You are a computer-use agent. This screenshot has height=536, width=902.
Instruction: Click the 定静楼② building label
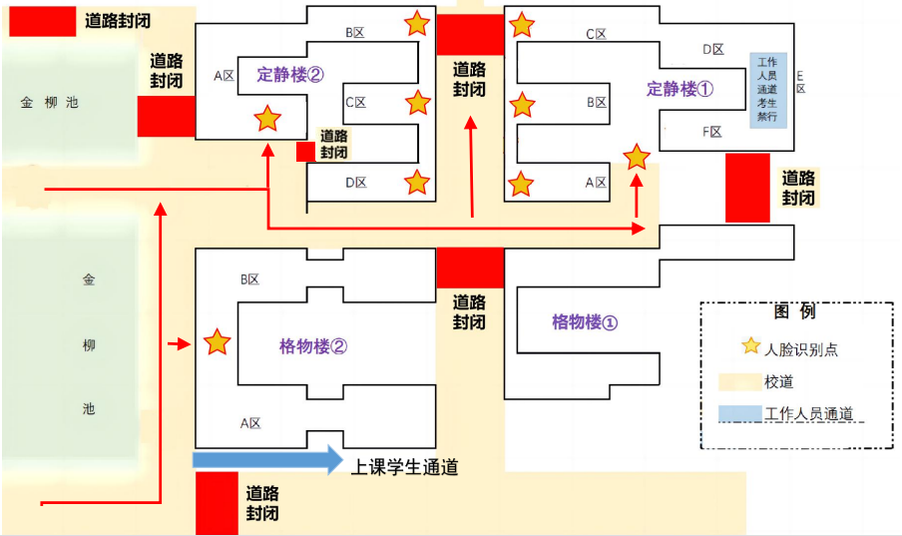(290, 74)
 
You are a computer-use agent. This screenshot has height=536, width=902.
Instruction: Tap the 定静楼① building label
(680, 89)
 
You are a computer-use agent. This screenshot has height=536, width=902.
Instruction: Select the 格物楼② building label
(313, 346)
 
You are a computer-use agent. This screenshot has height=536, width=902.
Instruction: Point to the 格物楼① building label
(585, 322)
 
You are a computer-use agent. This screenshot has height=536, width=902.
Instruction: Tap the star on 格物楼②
(217, 342)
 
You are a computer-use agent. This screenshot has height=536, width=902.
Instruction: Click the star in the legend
(750, 346)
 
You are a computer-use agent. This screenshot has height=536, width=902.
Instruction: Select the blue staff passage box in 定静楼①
(768, 90)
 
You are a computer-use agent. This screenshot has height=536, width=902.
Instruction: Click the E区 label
(800, 82)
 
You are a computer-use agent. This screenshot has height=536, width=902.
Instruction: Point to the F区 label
(712, 132)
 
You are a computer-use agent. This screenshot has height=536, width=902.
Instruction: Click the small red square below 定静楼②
(306, 151)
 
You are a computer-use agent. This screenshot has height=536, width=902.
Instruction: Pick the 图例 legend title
(794, 311)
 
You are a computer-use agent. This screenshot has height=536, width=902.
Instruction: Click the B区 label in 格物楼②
(249, 280)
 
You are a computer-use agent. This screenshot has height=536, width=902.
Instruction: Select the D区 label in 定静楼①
(712, 49)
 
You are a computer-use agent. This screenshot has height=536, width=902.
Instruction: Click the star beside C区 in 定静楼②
(417, 102)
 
